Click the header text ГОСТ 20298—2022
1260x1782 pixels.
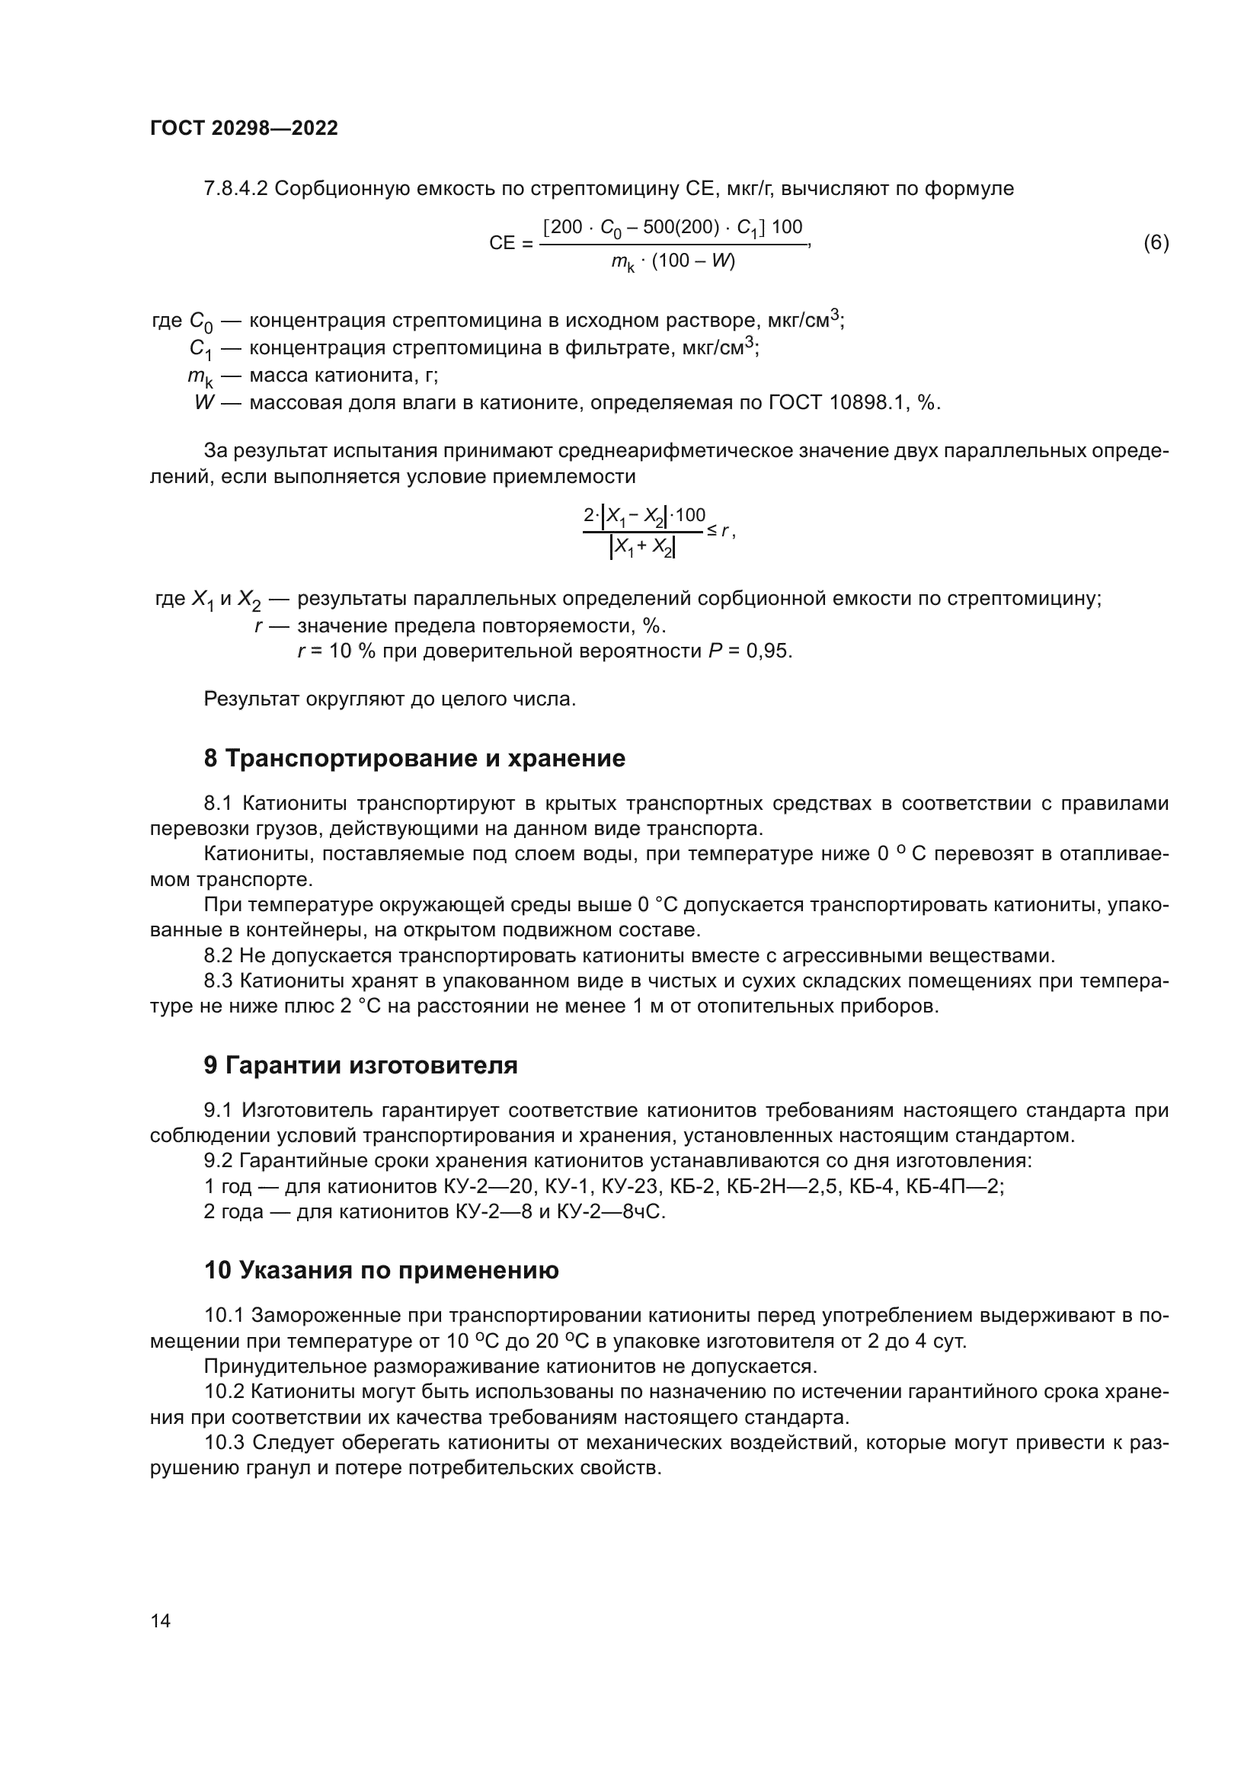coord(244,129)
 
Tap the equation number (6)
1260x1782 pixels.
coord(1156,243)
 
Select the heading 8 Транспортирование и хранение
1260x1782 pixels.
coord(414,758)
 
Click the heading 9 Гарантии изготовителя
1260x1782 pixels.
coord(361,1066)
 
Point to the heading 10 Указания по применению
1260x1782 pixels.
coord(381,1271)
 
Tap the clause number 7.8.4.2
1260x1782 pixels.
coord(235,189)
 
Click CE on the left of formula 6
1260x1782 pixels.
coord(502,244)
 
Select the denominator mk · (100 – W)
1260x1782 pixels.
coord(673,261)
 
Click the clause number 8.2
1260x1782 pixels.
coord(219,955)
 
